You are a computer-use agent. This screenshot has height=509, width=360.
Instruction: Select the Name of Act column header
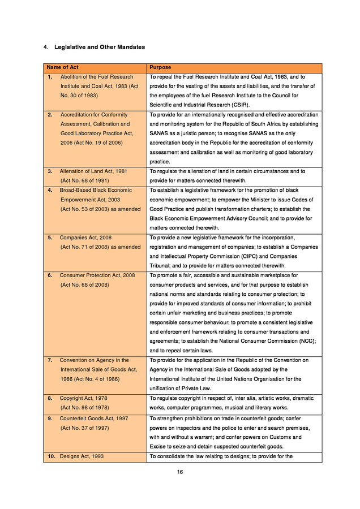point(62,67)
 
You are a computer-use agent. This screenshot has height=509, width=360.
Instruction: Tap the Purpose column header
point(160,67)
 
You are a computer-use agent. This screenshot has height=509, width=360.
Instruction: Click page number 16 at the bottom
point(179,473)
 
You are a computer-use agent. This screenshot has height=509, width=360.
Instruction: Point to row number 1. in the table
point(50,77)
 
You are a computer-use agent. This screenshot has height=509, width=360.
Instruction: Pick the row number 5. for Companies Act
point(50,238)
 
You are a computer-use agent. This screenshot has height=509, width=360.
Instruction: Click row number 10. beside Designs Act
point(51,456)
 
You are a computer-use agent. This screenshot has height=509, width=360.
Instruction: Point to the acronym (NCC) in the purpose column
point(305,341)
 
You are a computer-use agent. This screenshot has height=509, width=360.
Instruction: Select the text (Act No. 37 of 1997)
point(85,428)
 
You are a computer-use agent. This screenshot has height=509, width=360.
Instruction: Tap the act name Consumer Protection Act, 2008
point(97,275)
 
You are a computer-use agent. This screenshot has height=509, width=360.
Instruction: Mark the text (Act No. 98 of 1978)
point(85,408)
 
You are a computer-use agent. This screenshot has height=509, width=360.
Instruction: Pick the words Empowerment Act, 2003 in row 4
point(90,200)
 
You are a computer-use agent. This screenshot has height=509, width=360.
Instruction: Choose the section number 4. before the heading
point(46,47)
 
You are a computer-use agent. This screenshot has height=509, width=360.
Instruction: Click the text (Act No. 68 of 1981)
point(85,181)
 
